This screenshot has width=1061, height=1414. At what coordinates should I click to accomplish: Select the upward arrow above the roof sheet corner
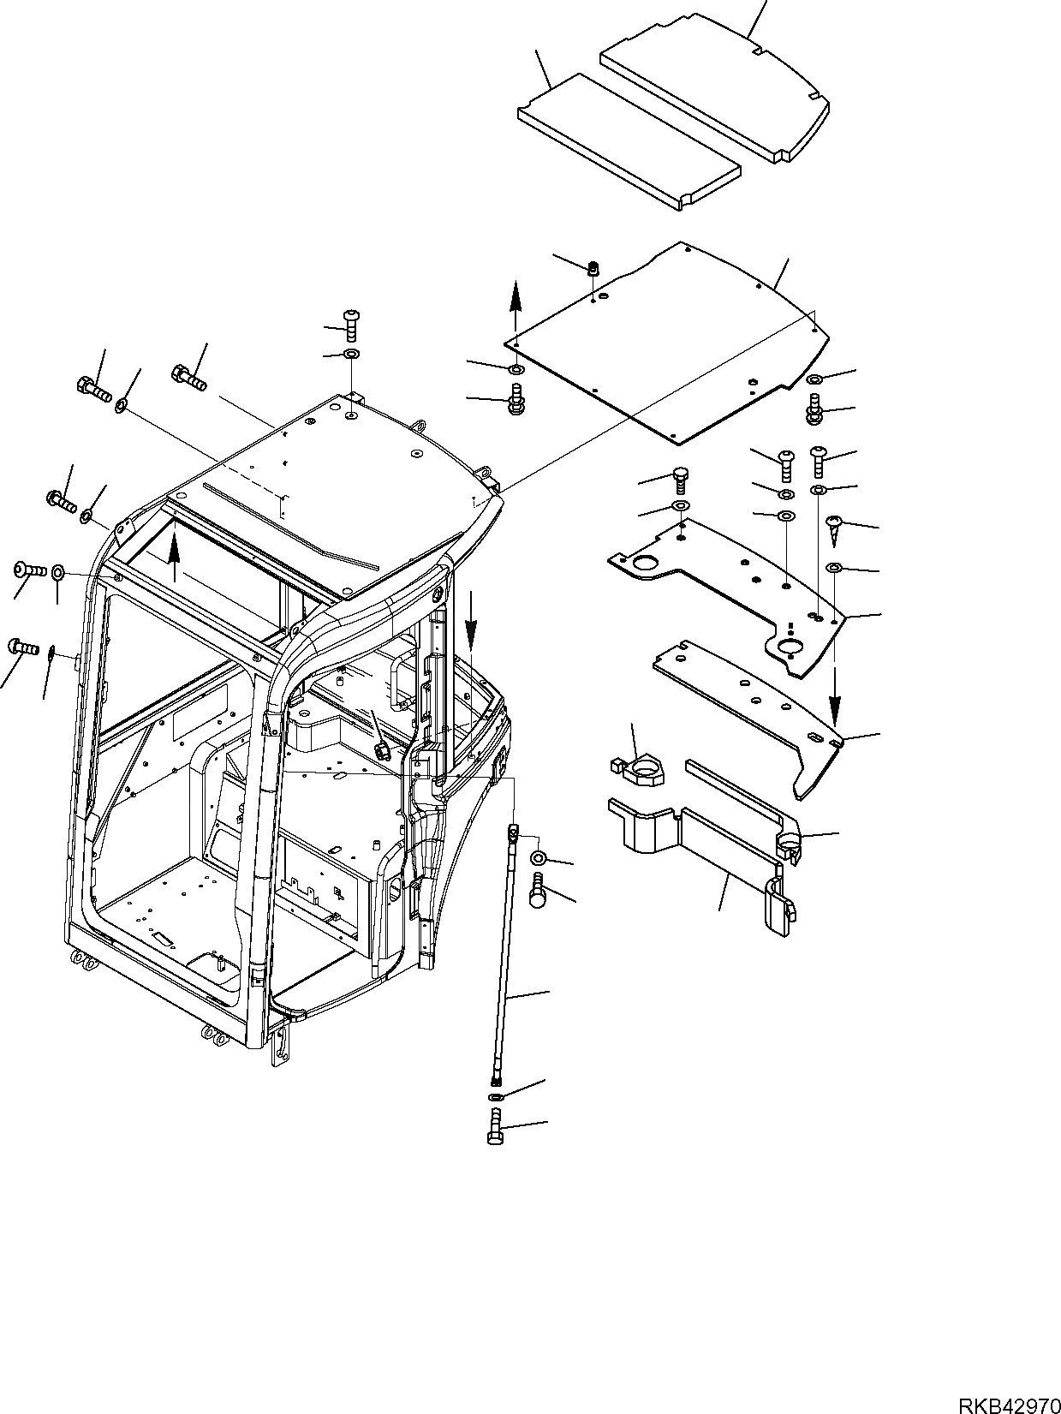click(x=515, y=306)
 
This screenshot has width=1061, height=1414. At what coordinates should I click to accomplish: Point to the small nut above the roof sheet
click(x=593, y=268)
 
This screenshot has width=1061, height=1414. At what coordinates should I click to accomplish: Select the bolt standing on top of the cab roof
click(x=353, y=326)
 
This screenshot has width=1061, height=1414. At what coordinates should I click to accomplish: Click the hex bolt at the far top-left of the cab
click(x=92, y=392)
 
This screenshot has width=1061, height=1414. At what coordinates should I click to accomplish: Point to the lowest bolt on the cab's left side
click(x=23, y=646)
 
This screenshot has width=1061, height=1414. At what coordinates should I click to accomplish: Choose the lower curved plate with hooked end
click(x=754, y=711)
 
